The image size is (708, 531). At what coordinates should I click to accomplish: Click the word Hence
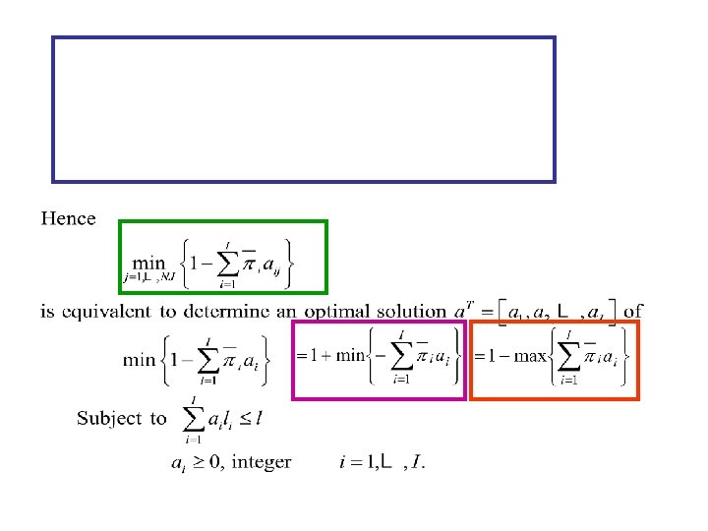pos(68,218)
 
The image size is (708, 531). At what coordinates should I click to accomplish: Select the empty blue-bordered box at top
pos(303,109)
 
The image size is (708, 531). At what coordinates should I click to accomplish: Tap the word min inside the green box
pos(149,263)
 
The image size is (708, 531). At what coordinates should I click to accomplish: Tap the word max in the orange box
pos(531,355)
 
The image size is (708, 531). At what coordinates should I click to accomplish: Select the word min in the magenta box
pos(350,355)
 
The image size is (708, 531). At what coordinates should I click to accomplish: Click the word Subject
pos(109,419)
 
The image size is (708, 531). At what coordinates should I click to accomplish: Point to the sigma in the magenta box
pos(401,356)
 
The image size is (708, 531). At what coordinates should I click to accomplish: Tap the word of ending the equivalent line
pos(633,311)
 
